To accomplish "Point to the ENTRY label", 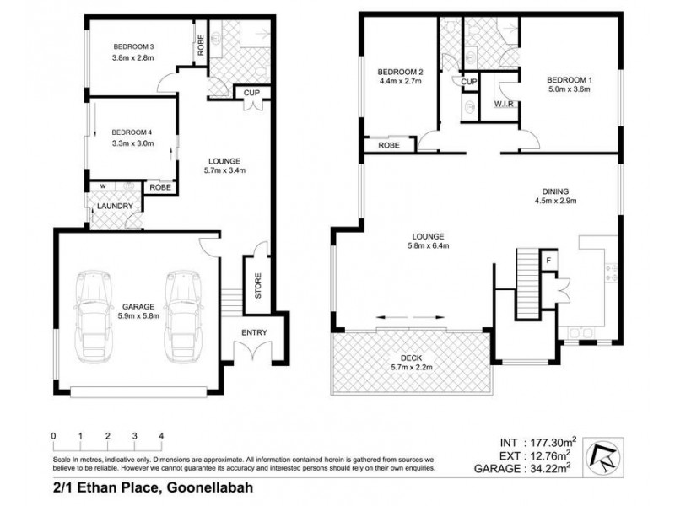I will pos(254,332).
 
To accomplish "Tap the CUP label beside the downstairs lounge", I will pos(251,93).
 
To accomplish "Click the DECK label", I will pos(412,358).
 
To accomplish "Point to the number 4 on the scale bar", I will pos(161,436).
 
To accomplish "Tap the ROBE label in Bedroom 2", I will pos(390,145).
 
